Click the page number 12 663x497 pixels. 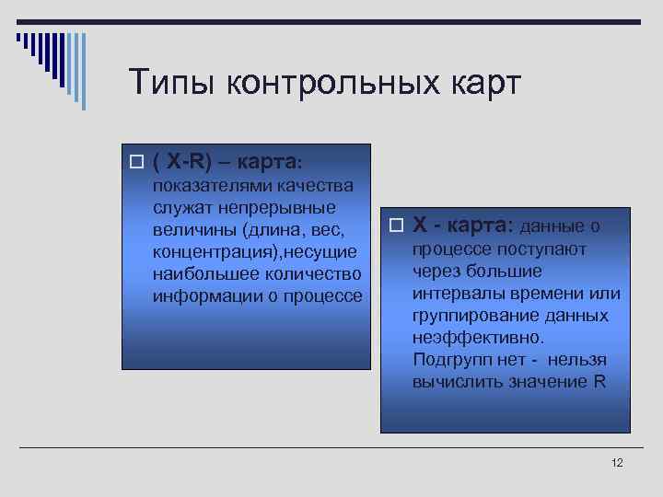[x=617, y=462]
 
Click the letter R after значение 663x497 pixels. [x=599, y=382]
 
